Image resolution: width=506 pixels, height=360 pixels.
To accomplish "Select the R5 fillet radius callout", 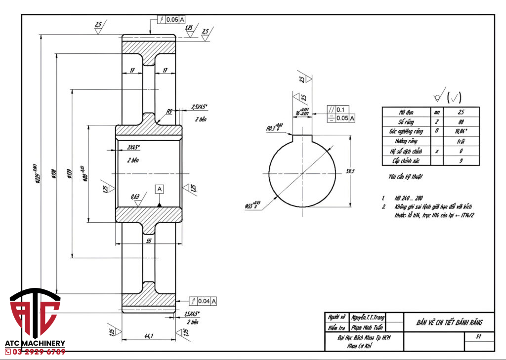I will coord(169,112).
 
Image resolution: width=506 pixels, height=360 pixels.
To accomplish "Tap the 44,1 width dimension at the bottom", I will coord(148,336).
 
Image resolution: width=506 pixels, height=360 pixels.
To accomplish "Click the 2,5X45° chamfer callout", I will coord(200,107).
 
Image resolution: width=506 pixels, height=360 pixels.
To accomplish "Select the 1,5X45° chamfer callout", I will coord(191,314).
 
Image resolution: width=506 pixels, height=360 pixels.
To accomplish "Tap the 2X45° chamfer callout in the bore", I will coord(133,147).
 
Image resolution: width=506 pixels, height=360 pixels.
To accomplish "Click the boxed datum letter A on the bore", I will coord(159,189).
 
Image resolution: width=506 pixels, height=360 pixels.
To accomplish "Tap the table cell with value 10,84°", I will coord(461,131).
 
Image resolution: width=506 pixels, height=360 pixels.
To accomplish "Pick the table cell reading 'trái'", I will coord(461,141).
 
